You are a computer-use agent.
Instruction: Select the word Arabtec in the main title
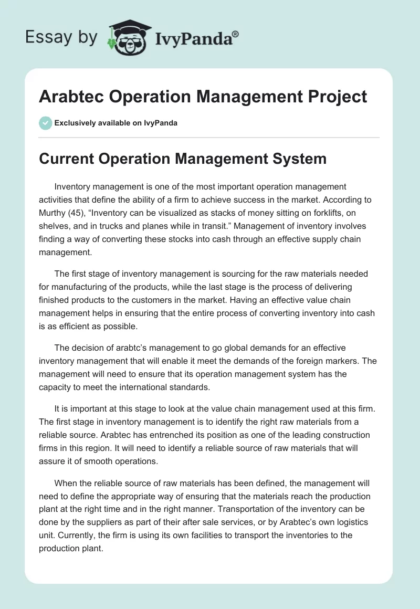point(70,97)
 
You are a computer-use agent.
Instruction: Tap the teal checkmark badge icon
point(45,123)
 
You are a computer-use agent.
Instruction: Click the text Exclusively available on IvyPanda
point(116,123)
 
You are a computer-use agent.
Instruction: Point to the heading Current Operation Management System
point(183,158)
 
